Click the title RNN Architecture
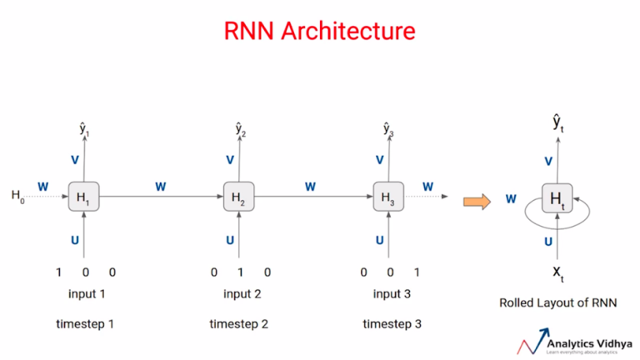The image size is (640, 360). [x=319, y=32]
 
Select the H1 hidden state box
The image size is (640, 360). [x=82, y=197]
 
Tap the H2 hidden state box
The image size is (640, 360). [x=237, y=197]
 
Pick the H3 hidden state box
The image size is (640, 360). [x=387, y=197]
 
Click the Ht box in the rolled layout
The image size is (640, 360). [x=556, y=198]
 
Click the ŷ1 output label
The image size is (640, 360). [x=84, y=128]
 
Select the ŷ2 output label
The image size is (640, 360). [x=239, y=128]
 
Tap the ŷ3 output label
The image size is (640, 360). [x=388, y=128]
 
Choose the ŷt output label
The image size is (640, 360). [x=557, y=122]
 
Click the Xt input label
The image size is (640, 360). [x=557, y=274]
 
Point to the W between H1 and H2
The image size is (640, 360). [x=160, y=187]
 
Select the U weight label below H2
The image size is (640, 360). [x=230, y=241]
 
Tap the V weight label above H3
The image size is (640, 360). [x=380, y=160]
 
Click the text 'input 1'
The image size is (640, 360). [x=87, y=294]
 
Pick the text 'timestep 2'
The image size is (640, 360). [x=238, y=322]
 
